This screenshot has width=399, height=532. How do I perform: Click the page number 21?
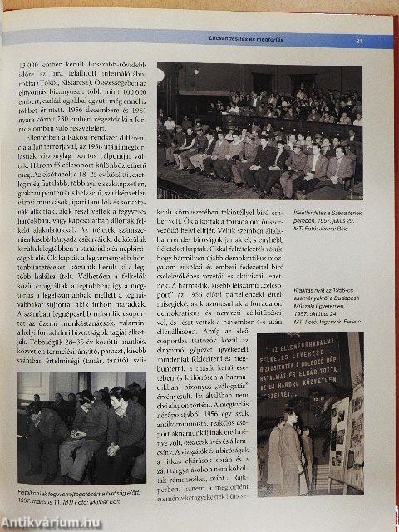pyautogui.click(x=359, y=40)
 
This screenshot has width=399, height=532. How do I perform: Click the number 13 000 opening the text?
pyautogui.click(x=31, y=63)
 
